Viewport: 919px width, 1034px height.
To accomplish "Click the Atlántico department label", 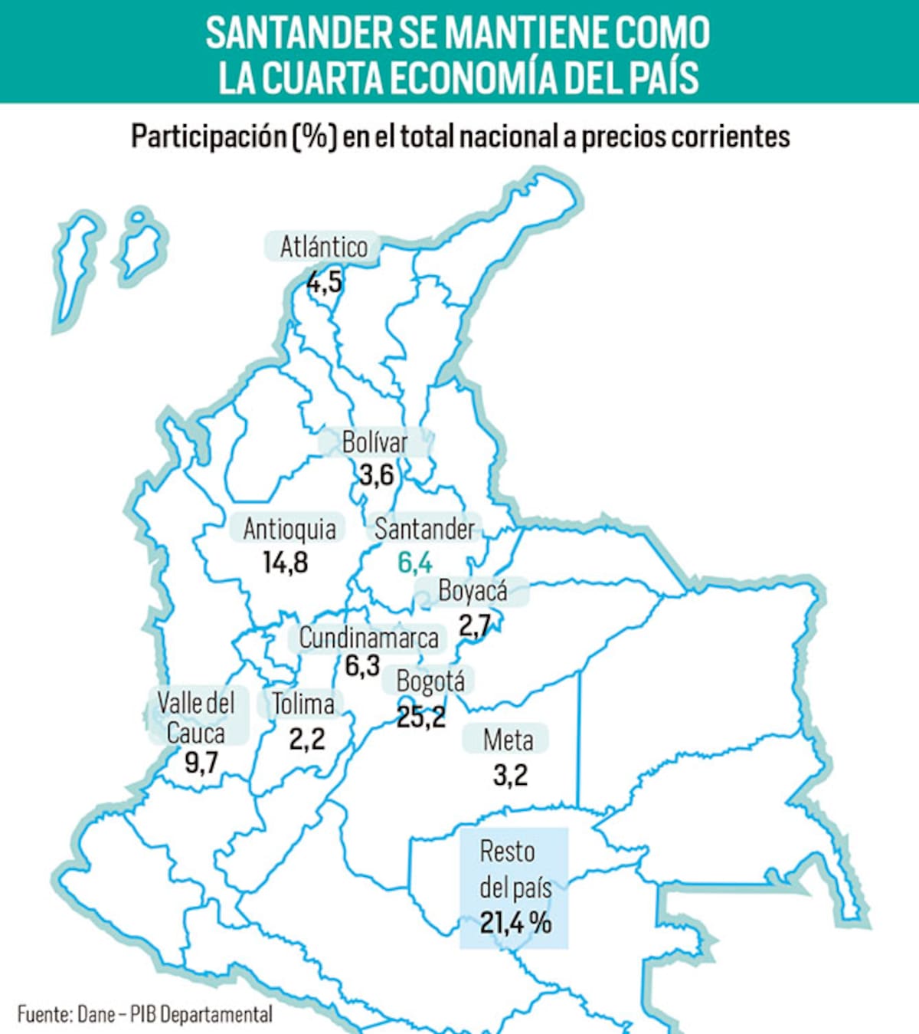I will point(324,248).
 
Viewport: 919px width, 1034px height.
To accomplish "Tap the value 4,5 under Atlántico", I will point(324,282).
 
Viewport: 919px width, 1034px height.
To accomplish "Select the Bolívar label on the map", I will point(375,443).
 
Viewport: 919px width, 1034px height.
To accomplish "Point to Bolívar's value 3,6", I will point(376,475).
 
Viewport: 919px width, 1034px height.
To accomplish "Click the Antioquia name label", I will point(289,529).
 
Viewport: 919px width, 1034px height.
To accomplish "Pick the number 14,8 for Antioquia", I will point(286,563).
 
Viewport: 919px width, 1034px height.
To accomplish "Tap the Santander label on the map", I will point(424,529).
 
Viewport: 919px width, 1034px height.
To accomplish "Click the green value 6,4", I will point(415,563).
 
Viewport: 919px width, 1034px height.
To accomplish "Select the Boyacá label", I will point(473,591).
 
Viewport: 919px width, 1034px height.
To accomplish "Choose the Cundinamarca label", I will point(368,638).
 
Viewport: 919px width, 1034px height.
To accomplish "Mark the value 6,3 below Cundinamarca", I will point(362,665).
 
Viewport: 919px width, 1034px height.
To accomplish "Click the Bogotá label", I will point(430,681).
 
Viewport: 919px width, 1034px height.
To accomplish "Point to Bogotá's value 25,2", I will point(421,717).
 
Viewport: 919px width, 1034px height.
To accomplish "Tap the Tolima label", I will point(303,704).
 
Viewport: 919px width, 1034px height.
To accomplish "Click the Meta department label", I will point(508,740).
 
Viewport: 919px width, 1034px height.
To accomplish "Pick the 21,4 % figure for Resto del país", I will point(515,922).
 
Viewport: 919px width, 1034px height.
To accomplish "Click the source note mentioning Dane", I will point(145,1014).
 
